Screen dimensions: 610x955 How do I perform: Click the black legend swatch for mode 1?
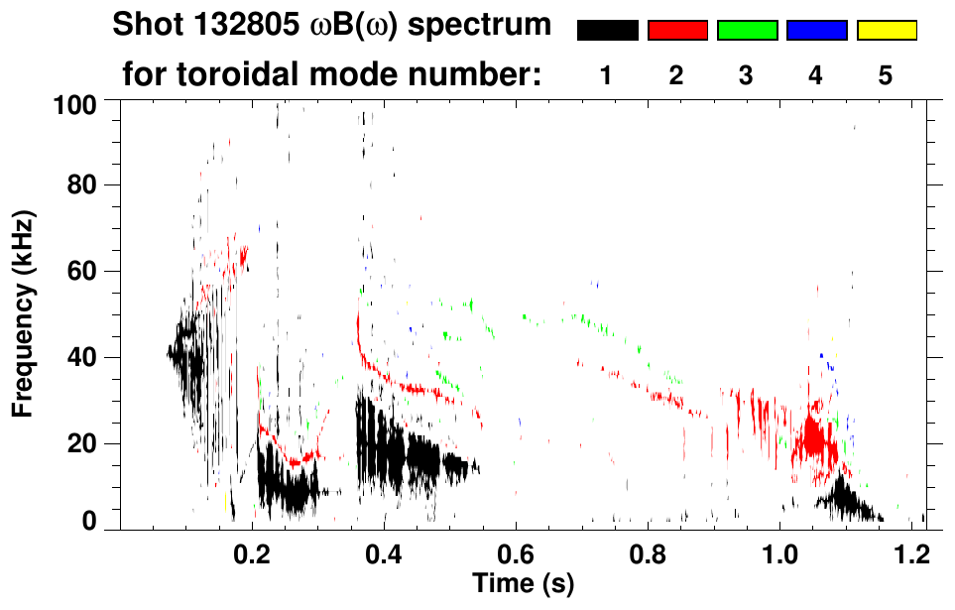coord(607,31)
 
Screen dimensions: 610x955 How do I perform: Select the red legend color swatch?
coord(677,31)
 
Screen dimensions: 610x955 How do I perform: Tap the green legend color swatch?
coord(747,31)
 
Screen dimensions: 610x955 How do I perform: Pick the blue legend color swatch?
coord(816,31)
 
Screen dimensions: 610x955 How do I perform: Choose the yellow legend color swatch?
coord(887,31)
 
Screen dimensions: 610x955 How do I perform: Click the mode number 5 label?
coord(886,76)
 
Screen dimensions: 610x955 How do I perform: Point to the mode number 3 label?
coord(747,76)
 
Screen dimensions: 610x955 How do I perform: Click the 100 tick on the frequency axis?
coord(82,101)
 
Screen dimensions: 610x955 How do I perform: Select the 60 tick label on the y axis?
coord(88,271)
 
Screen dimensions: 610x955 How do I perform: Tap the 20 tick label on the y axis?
coord(88,443)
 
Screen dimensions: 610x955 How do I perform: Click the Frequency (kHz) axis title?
coord(22,313)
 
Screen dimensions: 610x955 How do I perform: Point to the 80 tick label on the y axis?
coord(88,185)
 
